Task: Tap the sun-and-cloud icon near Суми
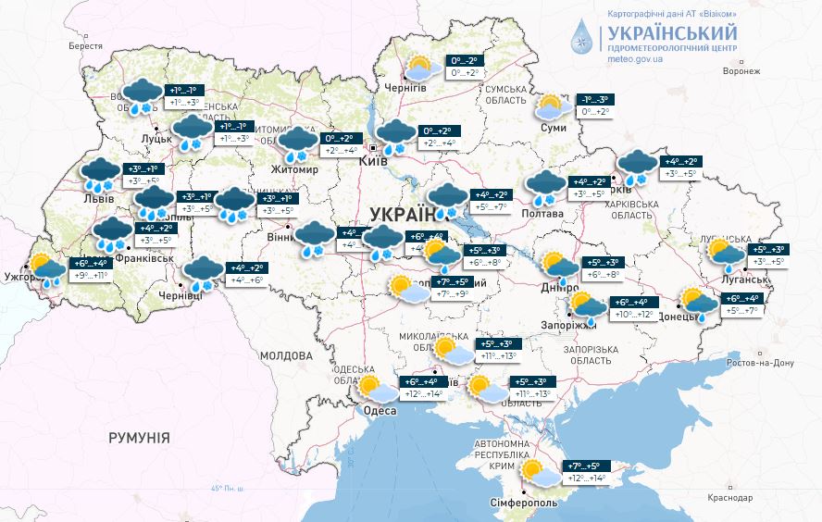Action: (551, 107)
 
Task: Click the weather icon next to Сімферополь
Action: (540, 473)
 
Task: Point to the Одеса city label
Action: (380, 410)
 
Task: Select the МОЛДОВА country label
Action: (286, 355)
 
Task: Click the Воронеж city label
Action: (741, 70)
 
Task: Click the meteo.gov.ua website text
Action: (635, 57)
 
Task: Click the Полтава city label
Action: (542, 214)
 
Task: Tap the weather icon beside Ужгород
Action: (46, 267)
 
